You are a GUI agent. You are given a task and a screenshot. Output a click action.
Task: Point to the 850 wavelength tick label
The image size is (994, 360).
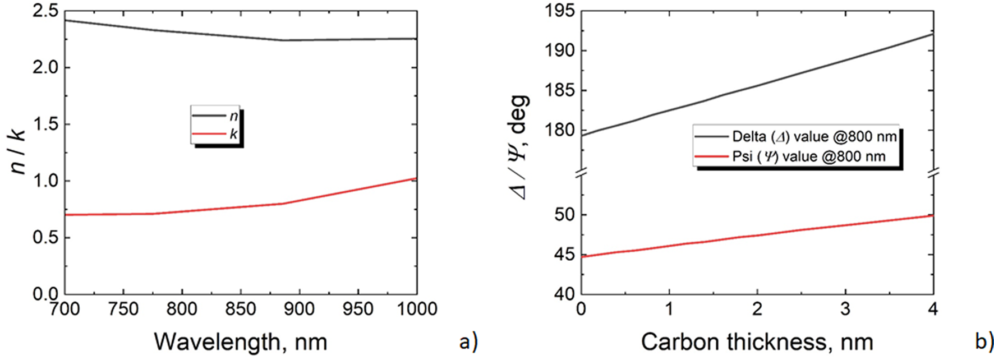click(240, 309)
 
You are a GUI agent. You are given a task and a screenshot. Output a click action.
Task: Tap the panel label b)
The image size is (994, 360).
click(984, 341)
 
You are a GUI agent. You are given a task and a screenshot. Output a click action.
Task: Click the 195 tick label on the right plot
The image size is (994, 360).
click(559, 11)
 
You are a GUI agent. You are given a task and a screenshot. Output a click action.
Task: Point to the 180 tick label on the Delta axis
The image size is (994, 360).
click(559, 130)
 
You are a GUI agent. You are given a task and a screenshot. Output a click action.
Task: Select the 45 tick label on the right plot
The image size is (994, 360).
click(565, 255)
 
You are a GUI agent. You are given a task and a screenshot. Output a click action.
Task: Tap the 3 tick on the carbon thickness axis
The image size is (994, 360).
click(845, 309)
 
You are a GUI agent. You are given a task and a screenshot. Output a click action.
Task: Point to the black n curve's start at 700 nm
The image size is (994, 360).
click(66, 20)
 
